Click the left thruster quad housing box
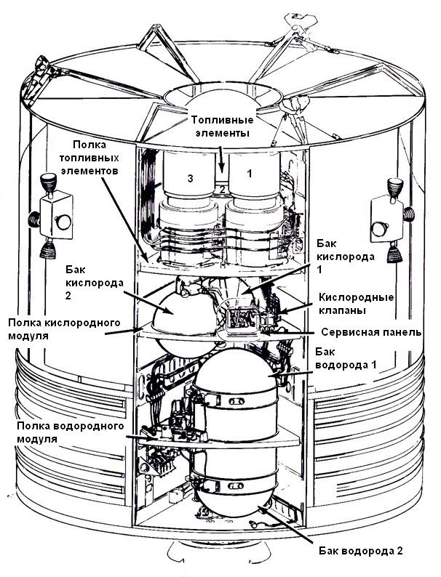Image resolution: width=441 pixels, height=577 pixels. pos(56,216)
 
